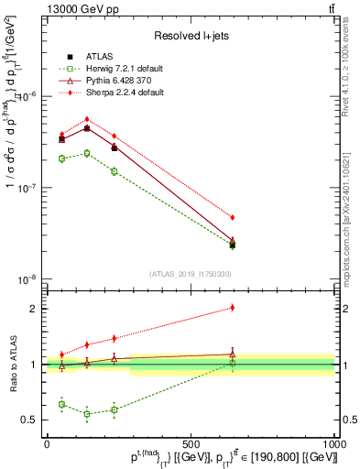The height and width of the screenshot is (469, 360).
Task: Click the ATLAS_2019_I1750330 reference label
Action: click(x=191, y=274)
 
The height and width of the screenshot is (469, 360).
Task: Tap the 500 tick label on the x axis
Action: click(x=191, y=443)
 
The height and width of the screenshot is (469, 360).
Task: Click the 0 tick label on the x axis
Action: click(x=47, y=443)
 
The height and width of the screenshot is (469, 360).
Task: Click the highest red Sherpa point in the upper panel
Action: click(x=87, y=119)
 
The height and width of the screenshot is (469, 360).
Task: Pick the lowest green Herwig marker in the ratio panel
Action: click(x=87, y=414)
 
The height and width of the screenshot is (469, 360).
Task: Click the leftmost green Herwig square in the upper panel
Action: click(x=61, y=158)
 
